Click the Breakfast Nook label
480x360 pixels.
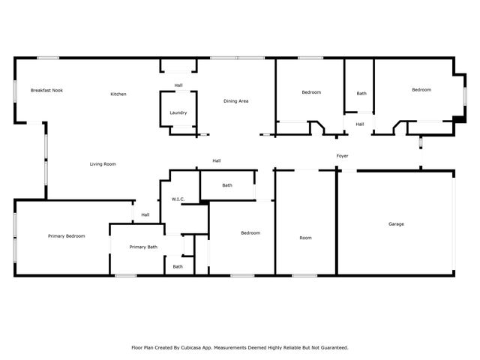tap(46, 90)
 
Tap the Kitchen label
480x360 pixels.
tap(118, 94)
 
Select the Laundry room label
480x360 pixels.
tap(178, 112)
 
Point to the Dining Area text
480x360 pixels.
tap(236, 100)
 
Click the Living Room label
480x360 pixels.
tap(103, 163)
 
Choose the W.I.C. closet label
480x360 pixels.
tap(178, 199)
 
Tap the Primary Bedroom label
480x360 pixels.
tap(67, 235)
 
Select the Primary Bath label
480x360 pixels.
tap(143, 247)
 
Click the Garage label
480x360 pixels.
tap(396, 223)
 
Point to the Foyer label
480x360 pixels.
tap(342, 156)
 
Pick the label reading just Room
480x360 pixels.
tap(305, 238)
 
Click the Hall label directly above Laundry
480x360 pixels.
tap(178, 85)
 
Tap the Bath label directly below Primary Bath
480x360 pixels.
tap(178, 266)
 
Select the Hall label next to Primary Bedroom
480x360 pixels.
tap(145, 214)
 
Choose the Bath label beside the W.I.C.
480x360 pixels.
tap(227, 185)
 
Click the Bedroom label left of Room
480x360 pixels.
tap(250, 232)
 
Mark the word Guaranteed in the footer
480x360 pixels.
tap(331, 347)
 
